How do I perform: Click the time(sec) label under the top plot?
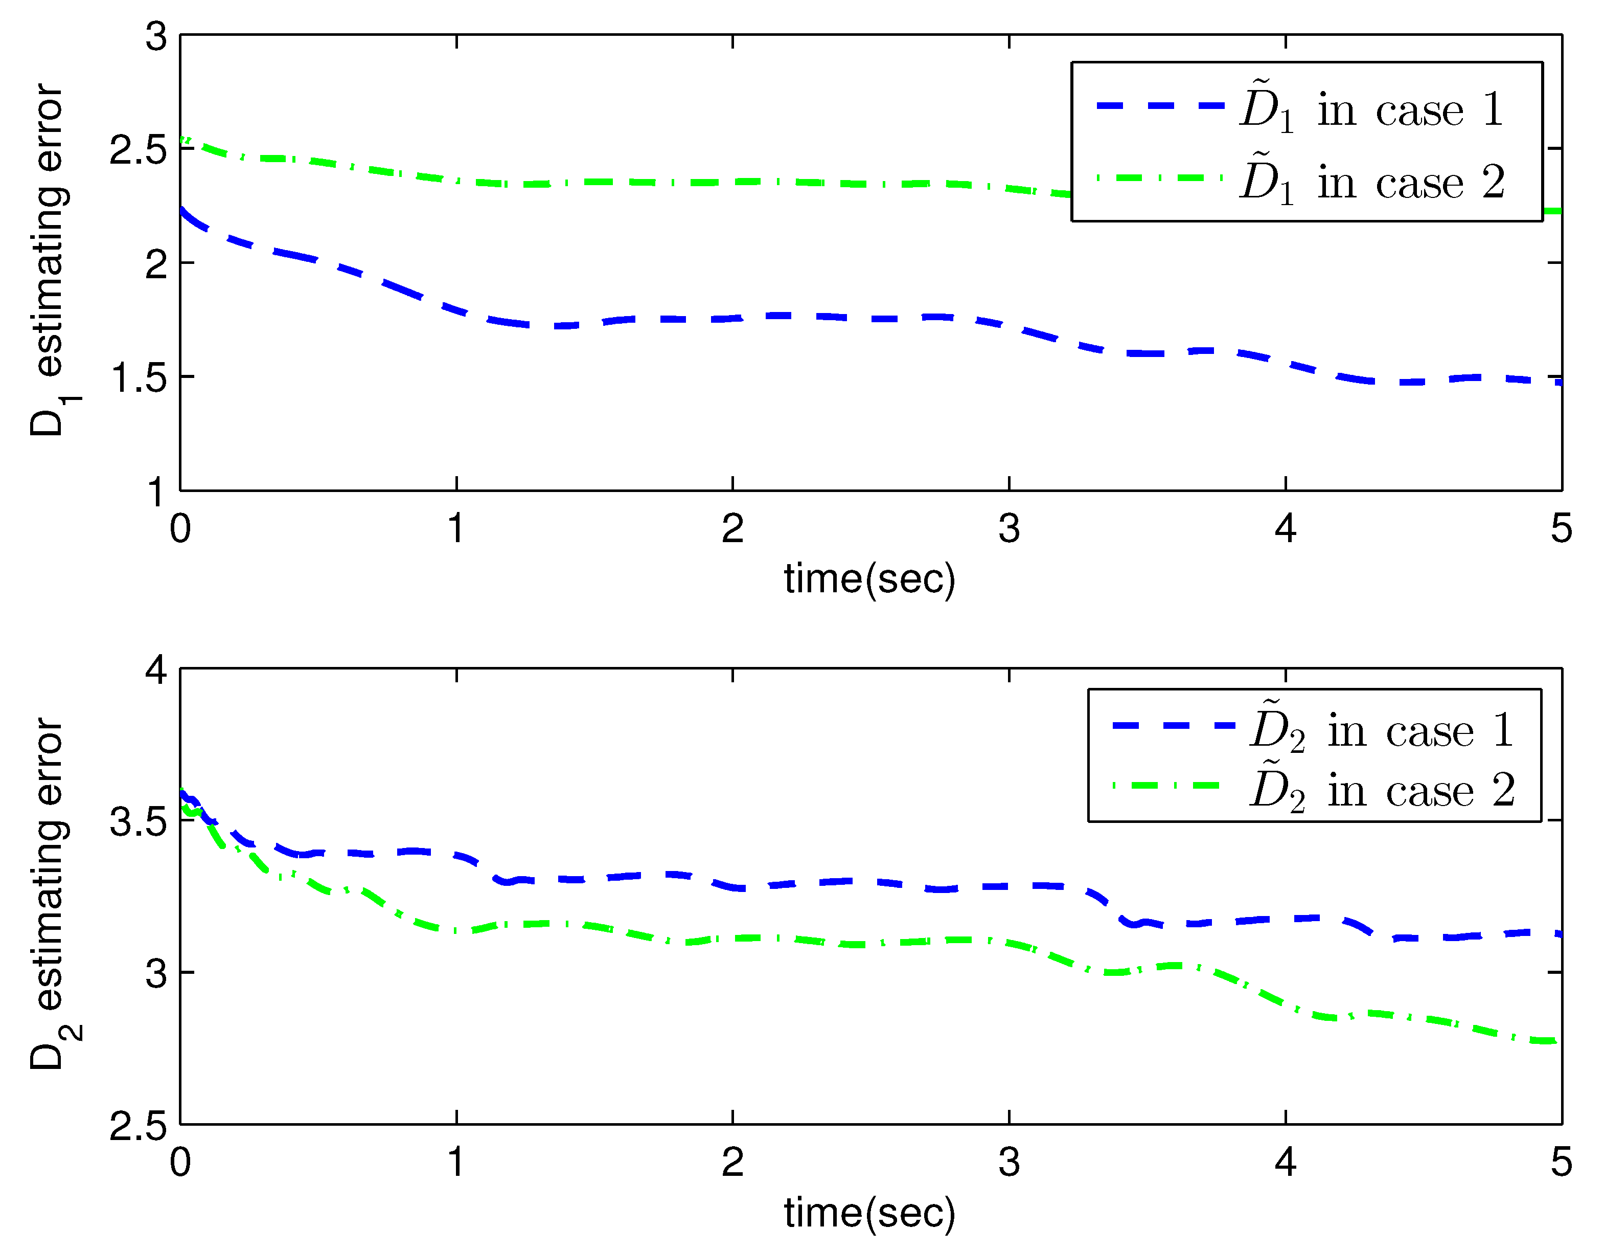[869, 579]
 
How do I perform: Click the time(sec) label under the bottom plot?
[869, 1213]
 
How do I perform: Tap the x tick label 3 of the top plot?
[1009, 528]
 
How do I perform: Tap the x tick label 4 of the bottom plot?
[1285, 1162]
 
